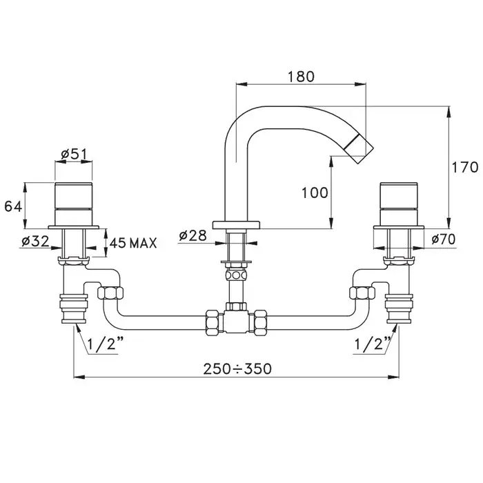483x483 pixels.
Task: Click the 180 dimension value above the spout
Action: (301, 77)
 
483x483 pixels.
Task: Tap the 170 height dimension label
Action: (464, 168)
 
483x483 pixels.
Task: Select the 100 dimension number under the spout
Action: (315, 193)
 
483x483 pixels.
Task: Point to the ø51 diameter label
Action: (75, 154)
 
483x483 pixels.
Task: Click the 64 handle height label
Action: (13, 206)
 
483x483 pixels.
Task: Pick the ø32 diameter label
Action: (35, 241)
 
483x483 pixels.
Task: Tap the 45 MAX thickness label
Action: (133, 243)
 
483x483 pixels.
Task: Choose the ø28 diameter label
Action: (193, 236)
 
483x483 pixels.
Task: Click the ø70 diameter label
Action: (443, 239)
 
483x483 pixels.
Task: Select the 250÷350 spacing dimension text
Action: (237, 368)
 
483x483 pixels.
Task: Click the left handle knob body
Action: (74, 204)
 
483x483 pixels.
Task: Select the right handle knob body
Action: (400, 204)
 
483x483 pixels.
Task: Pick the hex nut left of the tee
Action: (215, 322)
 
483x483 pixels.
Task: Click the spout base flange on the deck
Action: (236, 225)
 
